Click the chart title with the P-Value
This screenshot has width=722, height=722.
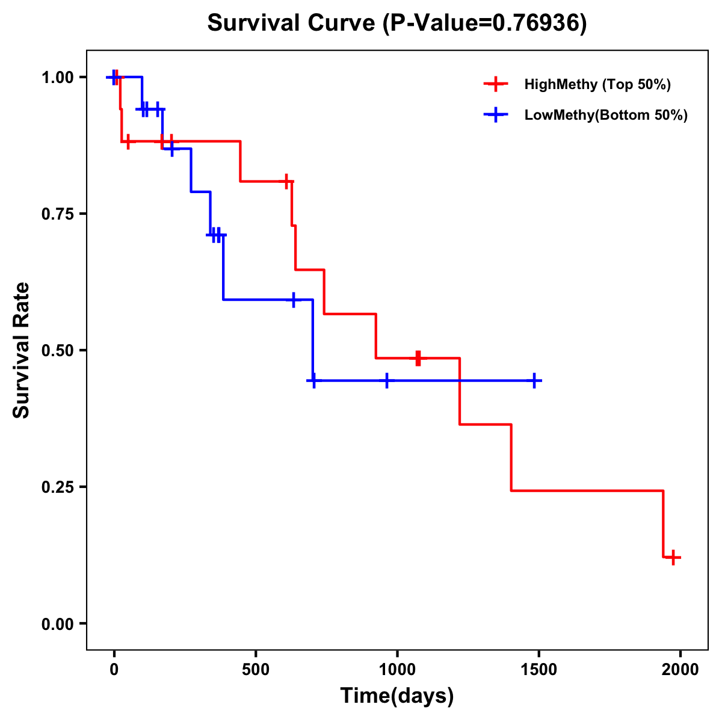[397, 23]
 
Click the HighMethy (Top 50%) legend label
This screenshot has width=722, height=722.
[597, 84]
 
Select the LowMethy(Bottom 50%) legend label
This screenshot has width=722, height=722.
[605, 115]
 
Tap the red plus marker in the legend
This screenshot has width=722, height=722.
[495, 84]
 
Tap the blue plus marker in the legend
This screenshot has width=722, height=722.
[495, 115]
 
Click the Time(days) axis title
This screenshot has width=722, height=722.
[397, 696]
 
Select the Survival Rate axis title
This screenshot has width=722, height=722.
[22, 350]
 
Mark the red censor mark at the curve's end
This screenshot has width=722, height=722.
[673, 557]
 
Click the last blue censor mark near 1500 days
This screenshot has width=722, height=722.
[534, 381]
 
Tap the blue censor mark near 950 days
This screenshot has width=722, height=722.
[386, 381]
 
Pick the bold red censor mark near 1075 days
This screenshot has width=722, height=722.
[418, 358]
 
